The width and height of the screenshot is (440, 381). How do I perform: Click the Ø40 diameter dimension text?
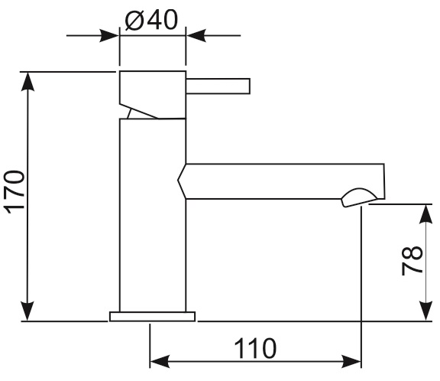coord(151,20)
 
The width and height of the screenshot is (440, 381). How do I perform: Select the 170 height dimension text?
coord(14,191)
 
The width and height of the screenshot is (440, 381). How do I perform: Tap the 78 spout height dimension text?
coord(412,260)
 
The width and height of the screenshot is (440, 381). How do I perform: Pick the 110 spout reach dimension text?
coord(255,348)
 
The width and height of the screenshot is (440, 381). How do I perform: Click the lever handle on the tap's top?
coord(218,86)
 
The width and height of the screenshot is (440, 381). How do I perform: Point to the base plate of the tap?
coord(152,317)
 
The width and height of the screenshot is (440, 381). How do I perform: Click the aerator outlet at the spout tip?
coord(359,198)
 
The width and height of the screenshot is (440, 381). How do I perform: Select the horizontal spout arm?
coord(281,181)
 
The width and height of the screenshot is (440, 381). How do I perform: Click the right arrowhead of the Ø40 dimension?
coord(196,36)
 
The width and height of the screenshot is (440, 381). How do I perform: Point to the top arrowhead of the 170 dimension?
coord(27,82)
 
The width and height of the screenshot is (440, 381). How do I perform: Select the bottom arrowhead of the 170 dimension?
coord(27,311)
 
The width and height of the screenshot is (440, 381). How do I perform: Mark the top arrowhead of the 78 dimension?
coord(425,213)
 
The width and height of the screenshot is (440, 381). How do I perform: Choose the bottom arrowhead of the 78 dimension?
coord(425,311)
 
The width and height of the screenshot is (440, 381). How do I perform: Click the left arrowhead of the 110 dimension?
coord(160,361)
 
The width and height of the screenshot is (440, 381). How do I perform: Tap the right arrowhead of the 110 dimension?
coord(351,361)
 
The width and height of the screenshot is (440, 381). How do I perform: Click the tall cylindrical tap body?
coord(153,215)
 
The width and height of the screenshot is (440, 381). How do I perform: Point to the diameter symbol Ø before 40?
coord(134,20)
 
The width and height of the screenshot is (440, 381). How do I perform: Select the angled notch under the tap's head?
coord(139,112)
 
